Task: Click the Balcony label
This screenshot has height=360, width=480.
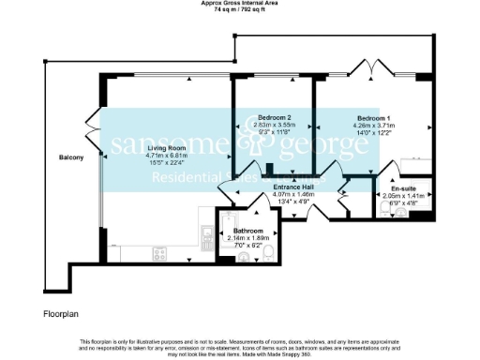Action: [70, 157]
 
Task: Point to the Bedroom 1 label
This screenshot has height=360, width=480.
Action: [372, 118]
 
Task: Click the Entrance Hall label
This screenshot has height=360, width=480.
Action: [293, 187]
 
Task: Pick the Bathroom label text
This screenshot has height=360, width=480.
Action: [247, 231]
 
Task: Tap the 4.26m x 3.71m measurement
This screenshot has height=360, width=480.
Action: [372, 126]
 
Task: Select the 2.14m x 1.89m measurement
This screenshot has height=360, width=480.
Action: [247, 238]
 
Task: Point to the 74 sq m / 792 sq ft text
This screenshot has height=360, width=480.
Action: [240, 10]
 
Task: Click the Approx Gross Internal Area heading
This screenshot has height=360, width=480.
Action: [240, 3]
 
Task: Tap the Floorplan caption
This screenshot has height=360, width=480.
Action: [61, 310]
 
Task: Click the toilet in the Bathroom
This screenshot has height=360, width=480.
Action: [268, 253]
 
